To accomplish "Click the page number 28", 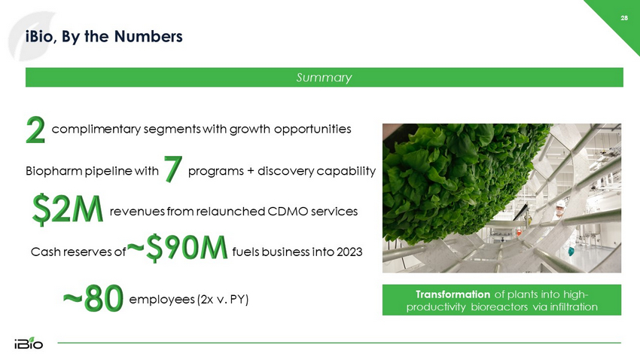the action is point(624,18).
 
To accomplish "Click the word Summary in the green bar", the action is point(324,78).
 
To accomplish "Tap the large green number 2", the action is point(35,130).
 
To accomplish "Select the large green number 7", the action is point(173,169).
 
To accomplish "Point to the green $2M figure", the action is point(67,209).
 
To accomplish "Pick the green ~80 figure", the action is point(93,298).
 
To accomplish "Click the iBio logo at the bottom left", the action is point(29,343).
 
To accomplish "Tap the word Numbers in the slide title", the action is point(148,36).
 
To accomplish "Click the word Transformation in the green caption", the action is point(453,294).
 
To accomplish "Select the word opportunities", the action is point(312,130).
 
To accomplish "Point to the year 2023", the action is point(349,252).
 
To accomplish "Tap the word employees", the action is point(162,300).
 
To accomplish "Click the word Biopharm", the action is point(54,171).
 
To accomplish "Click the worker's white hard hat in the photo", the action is point(561,203).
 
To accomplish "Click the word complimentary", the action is point(96,130).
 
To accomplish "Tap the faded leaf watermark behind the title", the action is point(31,36).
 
